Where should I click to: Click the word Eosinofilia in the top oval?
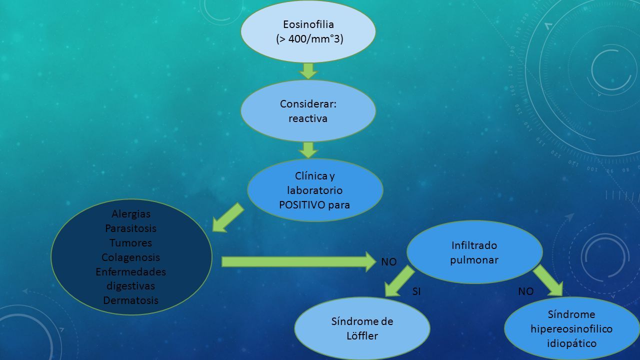(308, 24)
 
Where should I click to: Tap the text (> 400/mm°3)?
(309, 39)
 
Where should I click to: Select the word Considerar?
(308, 103)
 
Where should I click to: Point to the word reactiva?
(307, 118)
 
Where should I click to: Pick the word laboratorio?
(314, 190)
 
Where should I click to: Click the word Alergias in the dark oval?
(131, 214)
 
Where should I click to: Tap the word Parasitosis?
(131, 228)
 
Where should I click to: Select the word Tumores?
(130, 243)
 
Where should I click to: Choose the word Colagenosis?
(130, 257)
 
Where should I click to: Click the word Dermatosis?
(130, 300)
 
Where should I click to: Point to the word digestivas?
(130, 286)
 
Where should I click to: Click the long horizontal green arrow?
(298, 261)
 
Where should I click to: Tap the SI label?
(416, 291)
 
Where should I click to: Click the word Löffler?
(362, 335)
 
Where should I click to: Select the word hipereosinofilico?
(571, 329)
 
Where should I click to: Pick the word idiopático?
(571, 343)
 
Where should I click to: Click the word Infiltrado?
(474, 245)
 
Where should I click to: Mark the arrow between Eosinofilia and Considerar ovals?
(308, 71)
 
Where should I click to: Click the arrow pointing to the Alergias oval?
(228, 217)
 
